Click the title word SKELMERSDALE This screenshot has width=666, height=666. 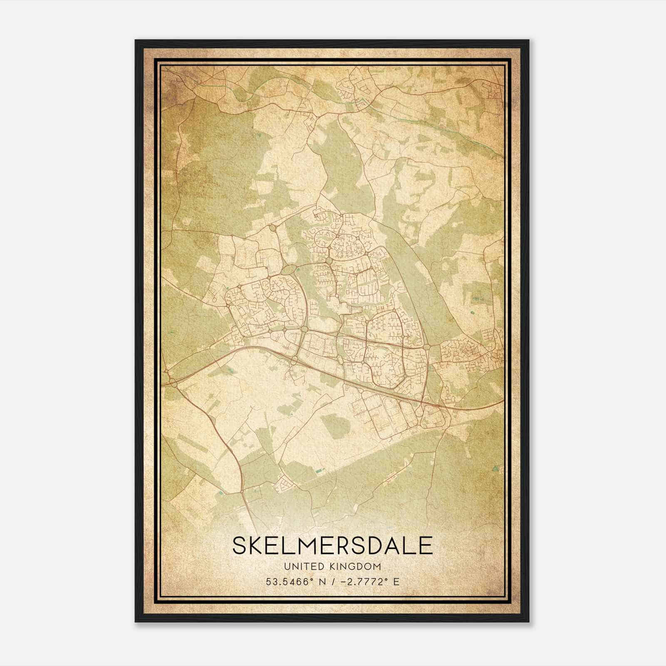[333, 546]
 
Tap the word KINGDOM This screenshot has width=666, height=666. [356, 567]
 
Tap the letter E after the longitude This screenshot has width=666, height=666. [396, 582]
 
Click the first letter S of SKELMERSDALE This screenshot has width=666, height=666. [240, 546]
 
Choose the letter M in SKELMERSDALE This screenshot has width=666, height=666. [300, 546]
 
